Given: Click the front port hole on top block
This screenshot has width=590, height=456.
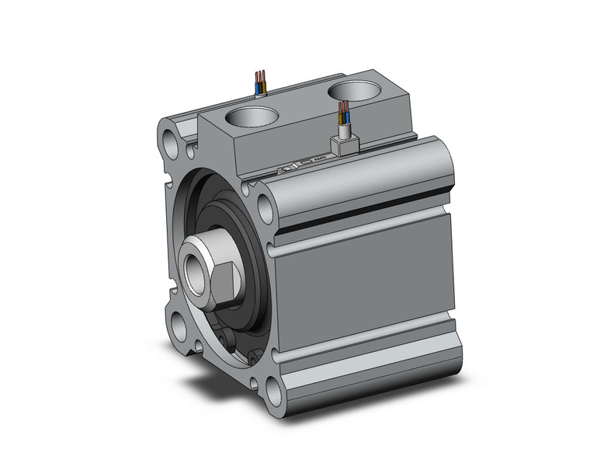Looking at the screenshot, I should pos(252,119).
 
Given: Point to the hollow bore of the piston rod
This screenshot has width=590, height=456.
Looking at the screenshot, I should pos(192,270).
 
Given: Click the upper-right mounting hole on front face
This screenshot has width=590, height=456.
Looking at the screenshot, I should pos(264,206).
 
